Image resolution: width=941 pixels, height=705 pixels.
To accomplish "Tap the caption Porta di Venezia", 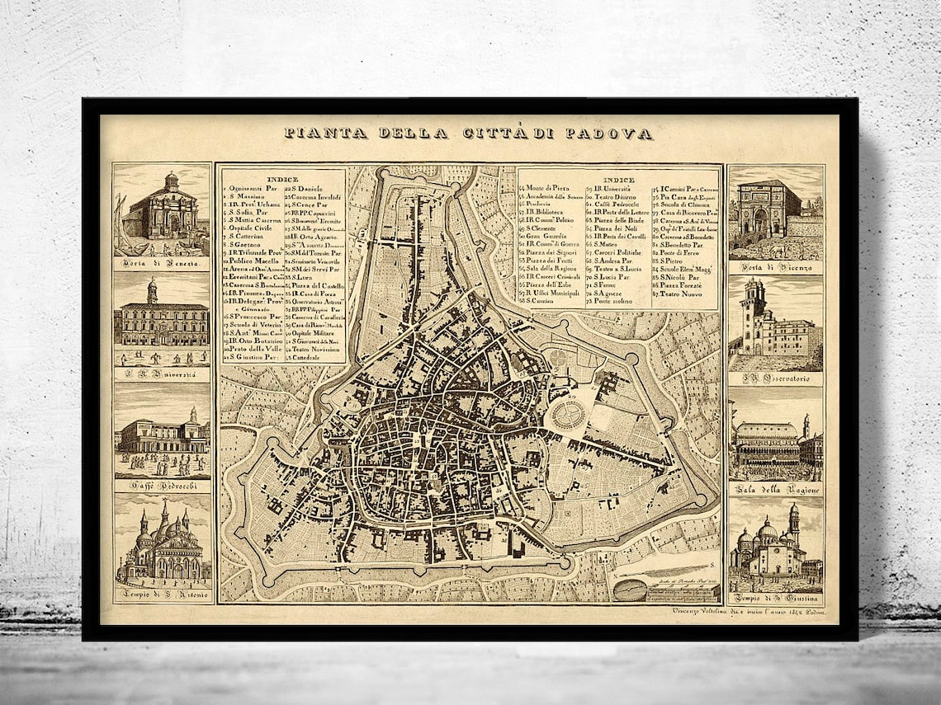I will tap(162, 264).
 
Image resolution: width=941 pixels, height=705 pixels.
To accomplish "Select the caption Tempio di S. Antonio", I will tap(163, 595).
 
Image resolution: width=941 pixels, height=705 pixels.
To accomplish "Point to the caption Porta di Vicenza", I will tap(775, 267).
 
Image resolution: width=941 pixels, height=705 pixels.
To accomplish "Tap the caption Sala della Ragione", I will tap(775, 490).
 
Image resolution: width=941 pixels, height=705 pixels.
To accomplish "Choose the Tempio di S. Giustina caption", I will tap(775, 599).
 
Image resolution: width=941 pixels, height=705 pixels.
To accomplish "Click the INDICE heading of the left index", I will tap(283, 178).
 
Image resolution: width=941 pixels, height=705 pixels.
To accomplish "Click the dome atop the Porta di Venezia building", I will tap(171, 180).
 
